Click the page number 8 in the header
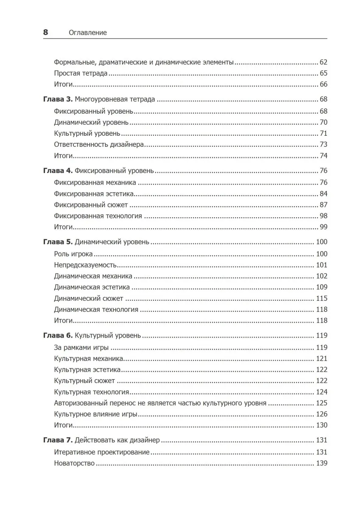(x=45, y=33)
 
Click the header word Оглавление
(x=87, y=33)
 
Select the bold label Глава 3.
(x=58, y=100)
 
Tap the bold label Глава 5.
(x=58, y=242)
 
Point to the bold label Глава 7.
(x=58, y=440)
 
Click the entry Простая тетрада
(x=81, y=73)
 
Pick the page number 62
(x=323, y=62)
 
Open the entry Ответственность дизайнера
(x=99, y=144)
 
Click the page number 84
(x=323, y=194)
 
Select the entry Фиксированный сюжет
(x=91, y=205)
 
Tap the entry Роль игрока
(x=73, y=254)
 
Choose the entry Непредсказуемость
(x=85, y=265)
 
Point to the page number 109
(x=321, y=287)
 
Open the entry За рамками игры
(x=81, y=348)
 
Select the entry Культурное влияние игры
(x=96, y=414)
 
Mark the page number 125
(x=321, y=403)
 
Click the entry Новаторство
(x=74, y=463)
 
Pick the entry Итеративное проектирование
(x=102, y=452)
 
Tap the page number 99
(x=323, y=227)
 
